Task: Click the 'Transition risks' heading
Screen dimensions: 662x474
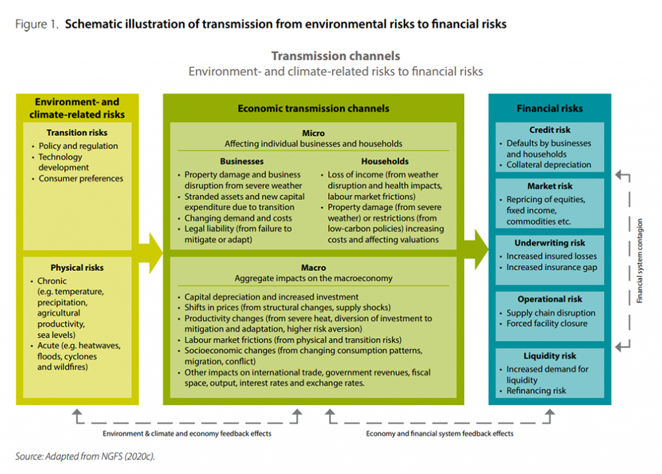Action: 77,133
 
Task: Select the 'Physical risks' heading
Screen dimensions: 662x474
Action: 77,268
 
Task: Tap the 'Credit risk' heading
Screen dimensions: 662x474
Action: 550,130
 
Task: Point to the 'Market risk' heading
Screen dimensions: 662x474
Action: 550,186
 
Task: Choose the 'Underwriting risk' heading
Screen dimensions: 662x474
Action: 550,243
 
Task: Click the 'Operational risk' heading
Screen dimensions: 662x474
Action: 550,299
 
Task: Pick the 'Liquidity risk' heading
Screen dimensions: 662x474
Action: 550,356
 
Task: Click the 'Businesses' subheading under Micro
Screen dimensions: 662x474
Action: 242,162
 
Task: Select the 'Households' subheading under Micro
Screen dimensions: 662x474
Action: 385,162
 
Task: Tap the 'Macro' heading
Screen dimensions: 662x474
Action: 314,268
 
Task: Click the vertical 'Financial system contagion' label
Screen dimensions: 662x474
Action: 639,261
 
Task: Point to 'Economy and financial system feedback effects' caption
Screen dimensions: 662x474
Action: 440,434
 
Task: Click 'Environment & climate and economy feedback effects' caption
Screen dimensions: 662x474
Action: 187,434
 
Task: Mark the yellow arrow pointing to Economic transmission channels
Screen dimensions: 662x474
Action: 151,253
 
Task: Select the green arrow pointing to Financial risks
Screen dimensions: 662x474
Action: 476,250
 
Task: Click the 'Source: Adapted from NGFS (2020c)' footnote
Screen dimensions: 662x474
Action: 85,457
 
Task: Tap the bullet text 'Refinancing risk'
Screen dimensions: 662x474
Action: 536,391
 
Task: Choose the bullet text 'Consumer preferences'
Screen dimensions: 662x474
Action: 81,178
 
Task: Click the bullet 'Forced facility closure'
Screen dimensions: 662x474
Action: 547,323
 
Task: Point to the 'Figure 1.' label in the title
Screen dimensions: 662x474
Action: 37,25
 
